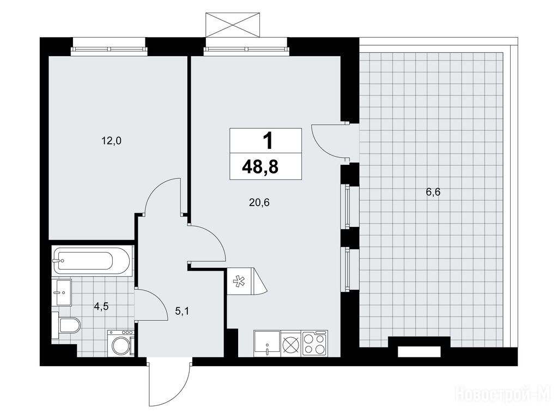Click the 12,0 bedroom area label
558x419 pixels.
pos(111,141)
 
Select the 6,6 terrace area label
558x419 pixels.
pos(433,193)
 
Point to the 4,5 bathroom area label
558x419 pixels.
pos(101,307)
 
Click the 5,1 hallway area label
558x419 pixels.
pos(181,312)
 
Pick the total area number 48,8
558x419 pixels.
pos(260,166)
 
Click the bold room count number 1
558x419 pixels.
pos(268,140)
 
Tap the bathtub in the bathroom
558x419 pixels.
pos(92,260)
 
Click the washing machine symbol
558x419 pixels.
pos(121,343)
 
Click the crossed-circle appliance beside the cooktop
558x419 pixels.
pos(291,344)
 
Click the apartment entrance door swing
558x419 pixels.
pos(170,384)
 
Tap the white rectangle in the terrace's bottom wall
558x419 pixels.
pos(419,351)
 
